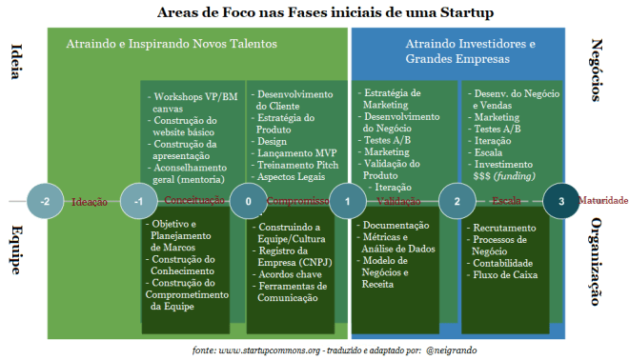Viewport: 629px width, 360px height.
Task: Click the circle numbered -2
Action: (x=45, y=201)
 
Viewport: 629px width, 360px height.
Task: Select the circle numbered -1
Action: (x=139, y=201)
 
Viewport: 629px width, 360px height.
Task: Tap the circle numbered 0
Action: (x=248, y=201)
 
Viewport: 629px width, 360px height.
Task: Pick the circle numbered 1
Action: (x=348, y=201)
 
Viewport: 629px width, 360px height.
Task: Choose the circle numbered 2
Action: (x=457, y=201)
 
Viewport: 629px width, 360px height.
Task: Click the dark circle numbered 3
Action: (x=561, y=201)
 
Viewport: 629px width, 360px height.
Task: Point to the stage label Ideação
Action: (x=91, y=202)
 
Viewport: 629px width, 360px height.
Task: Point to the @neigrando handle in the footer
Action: (x=450, y=350)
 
